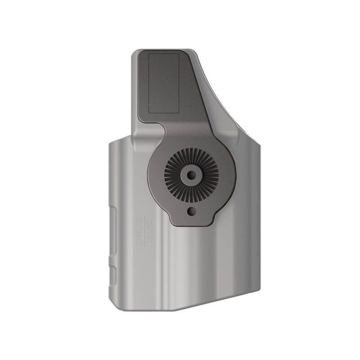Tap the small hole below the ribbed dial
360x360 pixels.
(x=192, y=210)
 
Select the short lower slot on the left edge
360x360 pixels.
(x=113, y=274)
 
